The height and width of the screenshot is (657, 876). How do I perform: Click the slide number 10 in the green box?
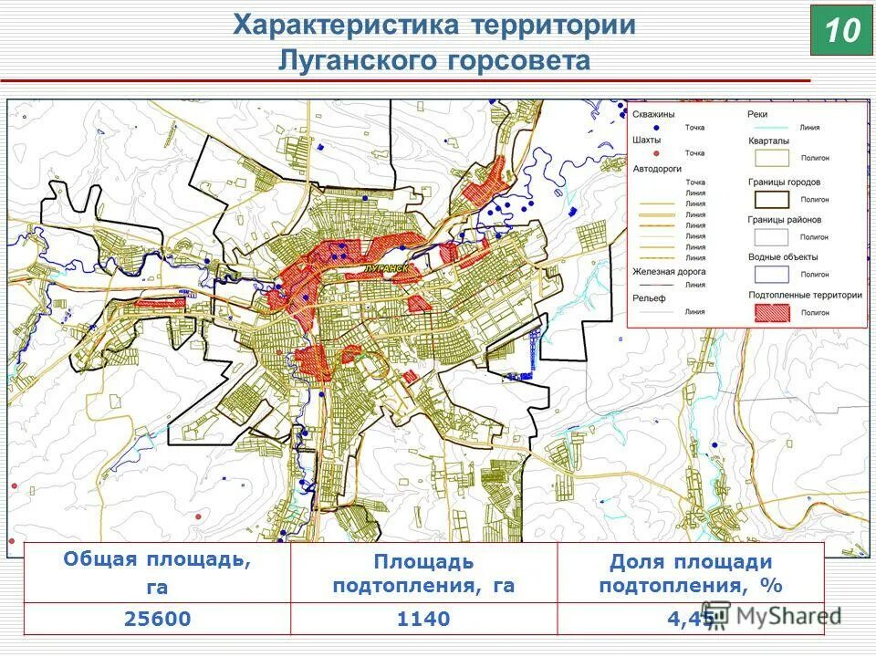click(841, 30)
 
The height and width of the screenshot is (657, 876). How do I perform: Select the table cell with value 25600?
click(157, 619)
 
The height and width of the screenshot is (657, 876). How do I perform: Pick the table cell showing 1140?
click(423, 619)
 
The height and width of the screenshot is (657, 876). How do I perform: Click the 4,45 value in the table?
click(690, 619)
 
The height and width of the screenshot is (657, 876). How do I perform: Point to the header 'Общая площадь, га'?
click(157, 573)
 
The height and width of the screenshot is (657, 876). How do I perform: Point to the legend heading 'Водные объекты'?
click(782, 257)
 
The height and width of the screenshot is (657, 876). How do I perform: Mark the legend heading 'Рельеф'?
click(649, 297)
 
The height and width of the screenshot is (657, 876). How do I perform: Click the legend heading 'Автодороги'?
click(659, 169)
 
